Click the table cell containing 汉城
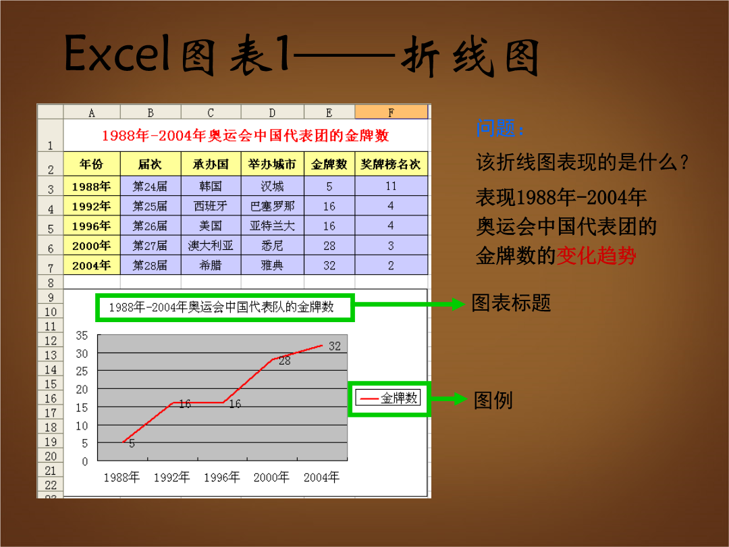pyautogui.click(x=272, y=186)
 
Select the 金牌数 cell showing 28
pyautogui.click(x=329, y=246)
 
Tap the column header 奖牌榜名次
pyautogui.click(x=391, y=164)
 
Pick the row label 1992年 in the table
pyautogui.click(x=92, y=206)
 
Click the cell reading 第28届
pyautogui.click(x=150, y=265)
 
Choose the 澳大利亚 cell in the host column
pyautogui.click(x=211, y=246)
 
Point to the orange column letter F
pyautogui.click(x=391, y=112)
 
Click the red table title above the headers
pyautogui.click(x=246, y=135)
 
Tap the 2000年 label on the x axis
pyautogui.click(x=271, y=477)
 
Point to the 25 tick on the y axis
pyautogui.click(x=82, y=371)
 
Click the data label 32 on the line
pyautogui.click(x=335, y=346)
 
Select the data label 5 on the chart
pyautogui.click(x=132, y=444)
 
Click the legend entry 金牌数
pyautogui.click(x=388, y=398)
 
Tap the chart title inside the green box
pyautogui.click(x=221, y=307)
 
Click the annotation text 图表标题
pyautogui.click(x=511, y=303)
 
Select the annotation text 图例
pyautogui.click(x=493, y=400)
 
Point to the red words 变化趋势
pyautogui.click(x=596, y=255)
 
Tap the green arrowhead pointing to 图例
pyautogui.click(x=460, y=398)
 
